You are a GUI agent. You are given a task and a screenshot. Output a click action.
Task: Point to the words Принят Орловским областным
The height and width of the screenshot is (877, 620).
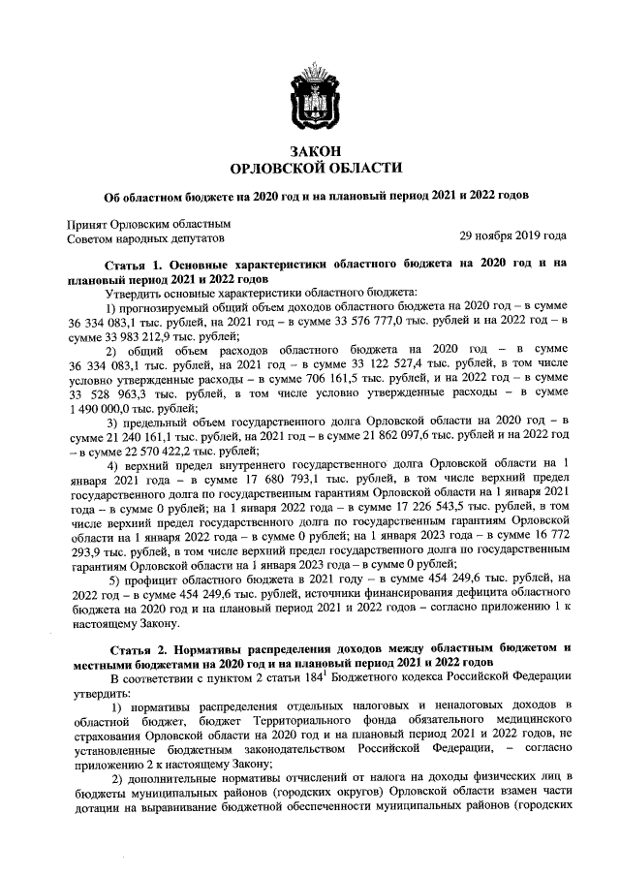click(140, 221)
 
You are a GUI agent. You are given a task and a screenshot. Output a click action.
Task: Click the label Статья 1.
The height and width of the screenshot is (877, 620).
click(135, 264)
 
